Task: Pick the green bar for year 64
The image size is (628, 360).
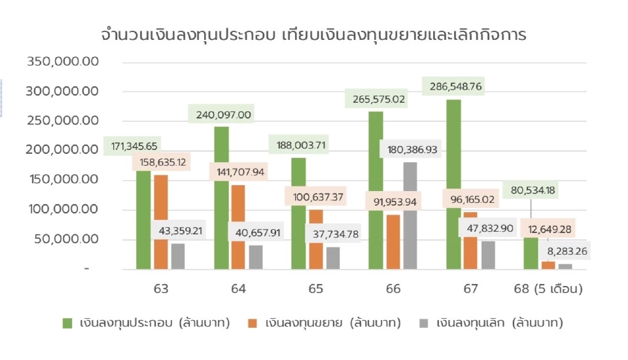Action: tap(221, 196)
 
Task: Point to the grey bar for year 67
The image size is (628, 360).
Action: tap(488, 255)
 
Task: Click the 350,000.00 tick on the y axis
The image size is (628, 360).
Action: tap(62, 62)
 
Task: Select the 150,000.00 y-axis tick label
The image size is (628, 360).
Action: tap(62, 180)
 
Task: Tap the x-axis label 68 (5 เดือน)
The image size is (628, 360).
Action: tap(548, 288)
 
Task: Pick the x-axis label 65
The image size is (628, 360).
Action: tap(316, 288)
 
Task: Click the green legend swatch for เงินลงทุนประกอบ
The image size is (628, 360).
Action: tap(67, 323)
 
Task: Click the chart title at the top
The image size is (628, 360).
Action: tap(313, 35)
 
